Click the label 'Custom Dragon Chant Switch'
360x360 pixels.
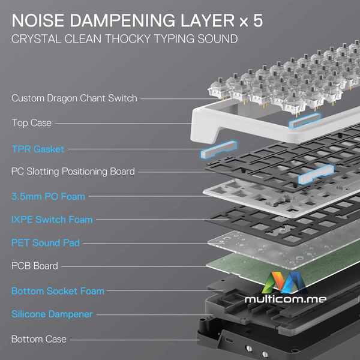click(x=74, y=98)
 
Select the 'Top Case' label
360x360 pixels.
click(x=31, y=123)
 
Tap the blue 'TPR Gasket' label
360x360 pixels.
click(x=38, y=149)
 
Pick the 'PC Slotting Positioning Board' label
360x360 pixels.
click(x=73, y=172)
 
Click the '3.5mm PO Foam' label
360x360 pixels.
click(x=48, y=197)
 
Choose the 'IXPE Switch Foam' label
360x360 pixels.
click(x=52, y=220)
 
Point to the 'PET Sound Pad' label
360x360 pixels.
click(x=46, y=243)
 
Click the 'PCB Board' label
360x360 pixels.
click(x=35, y=266)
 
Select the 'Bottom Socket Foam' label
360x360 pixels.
click(x=58, y=291)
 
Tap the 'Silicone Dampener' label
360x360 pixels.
click(x=52, y=314)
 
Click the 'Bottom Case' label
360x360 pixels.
click(x=39, y=340)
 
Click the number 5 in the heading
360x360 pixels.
click(x=258, y=20)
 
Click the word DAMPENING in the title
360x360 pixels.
click(x=122, y=20)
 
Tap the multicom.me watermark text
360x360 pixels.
click(x=286, y=299)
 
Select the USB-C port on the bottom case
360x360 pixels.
click(x=229, y=340)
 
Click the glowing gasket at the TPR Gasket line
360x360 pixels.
click(x=218, y=149)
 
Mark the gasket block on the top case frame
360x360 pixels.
click(x=305, y=121)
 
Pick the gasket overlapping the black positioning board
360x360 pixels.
click(x=316, y=175)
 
